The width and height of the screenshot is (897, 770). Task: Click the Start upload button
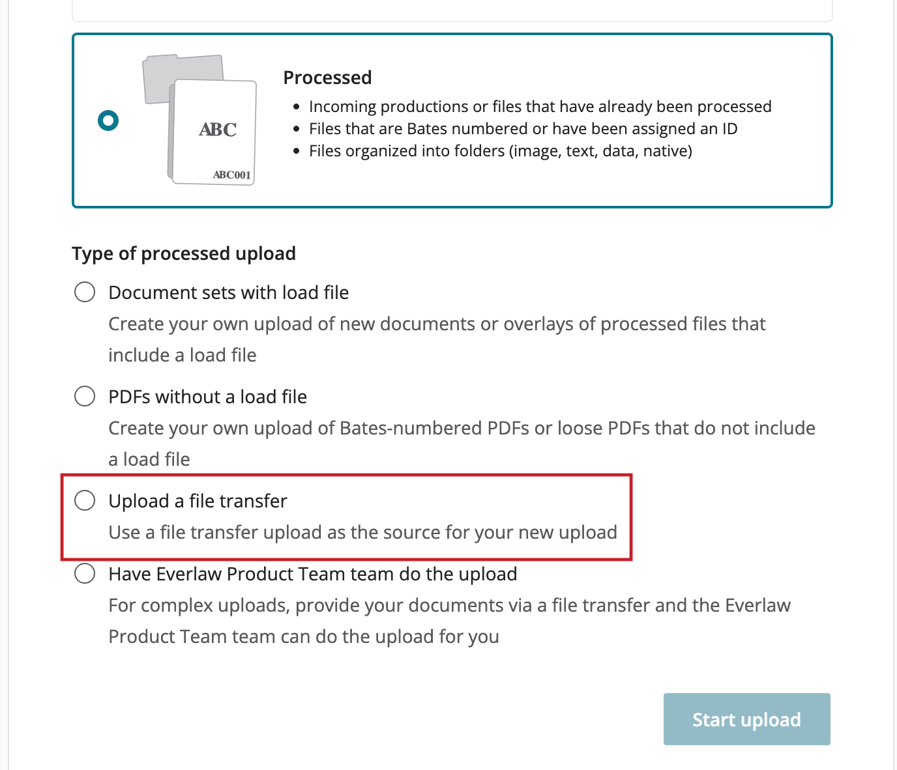click(x=746, y=719)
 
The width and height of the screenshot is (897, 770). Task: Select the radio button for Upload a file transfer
click(x=85, y=500)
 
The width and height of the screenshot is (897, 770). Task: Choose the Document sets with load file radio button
click(x=85, y=292)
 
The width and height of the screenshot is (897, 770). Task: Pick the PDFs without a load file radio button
click(x=85, y=396)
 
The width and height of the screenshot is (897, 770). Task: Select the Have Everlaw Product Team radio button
click(x=85, y=573)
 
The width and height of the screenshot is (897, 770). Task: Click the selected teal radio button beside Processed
click(x=108, y=120)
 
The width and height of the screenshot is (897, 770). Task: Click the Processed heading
click(x=327, y=78)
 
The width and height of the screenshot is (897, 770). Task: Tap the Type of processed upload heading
click(x=184, y=253)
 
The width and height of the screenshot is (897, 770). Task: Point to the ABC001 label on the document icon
click(x=231, y=175)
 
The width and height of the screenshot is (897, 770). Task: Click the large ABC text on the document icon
click(x=218, y=129)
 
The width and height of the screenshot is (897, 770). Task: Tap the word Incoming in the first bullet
click(x=342, y=107)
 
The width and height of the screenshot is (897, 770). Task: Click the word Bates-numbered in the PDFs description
click(x=411, y=428)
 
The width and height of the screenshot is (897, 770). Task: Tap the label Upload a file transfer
click(x=198, y=501)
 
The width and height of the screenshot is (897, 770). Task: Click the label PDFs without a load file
click(x=207, y=397)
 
